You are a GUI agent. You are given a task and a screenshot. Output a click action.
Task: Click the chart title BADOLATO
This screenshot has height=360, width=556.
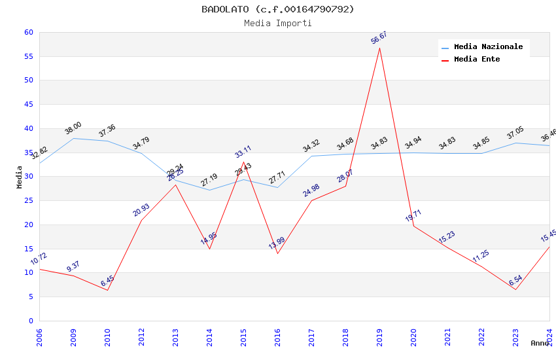pos(278,9)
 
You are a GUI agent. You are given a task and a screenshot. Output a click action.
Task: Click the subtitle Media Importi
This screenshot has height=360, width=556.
pos(278,23)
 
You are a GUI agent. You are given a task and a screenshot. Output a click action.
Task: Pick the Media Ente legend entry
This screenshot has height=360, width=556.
pos(477,59)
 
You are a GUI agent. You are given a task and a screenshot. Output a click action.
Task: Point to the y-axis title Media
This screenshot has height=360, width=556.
pos(20,177)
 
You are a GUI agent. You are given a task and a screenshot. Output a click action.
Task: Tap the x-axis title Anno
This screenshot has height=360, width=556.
pos(540,343)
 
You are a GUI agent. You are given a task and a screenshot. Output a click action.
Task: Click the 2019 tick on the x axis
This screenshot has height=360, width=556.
pos(379,337)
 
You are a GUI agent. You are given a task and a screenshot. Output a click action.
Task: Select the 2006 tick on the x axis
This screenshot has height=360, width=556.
pos(39,337)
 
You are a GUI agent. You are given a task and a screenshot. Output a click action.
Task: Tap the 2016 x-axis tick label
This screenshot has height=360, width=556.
pos(277,337)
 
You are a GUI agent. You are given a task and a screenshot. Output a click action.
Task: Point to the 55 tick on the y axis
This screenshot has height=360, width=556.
pos(28,56)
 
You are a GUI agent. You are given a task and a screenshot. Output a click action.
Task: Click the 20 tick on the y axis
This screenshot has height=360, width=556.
pos(28,225)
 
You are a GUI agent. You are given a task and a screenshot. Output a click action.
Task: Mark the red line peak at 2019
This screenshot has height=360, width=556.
pos(379,48)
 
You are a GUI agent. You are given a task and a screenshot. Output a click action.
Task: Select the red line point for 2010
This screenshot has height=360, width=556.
pos(107,290)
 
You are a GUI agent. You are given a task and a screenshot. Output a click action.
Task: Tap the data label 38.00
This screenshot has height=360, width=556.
pos(73,128)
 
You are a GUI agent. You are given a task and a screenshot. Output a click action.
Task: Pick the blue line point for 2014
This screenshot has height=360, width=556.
pos(209,190)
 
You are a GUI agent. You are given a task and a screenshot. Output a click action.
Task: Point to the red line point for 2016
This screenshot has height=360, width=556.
pos(277,253)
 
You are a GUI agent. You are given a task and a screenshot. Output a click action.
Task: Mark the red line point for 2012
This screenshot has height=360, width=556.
pos(141,220)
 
